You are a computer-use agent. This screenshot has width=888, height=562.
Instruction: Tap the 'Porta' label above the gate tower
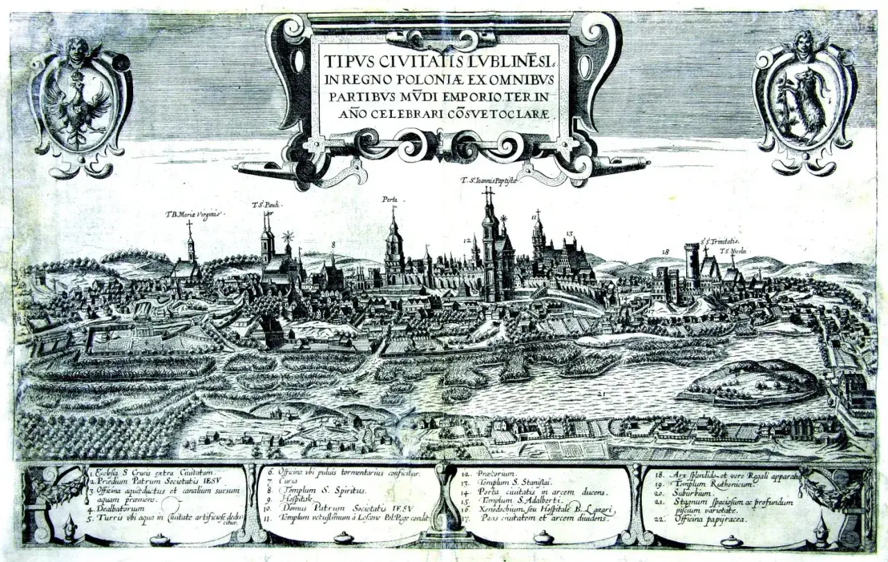tap(390, 200)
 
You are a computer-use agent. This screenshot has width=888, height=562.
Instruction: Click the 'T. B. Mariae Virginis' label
tap(192, 214)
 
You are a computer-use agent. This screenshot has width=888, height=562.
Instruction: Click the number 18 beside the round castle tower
tap(666, 252)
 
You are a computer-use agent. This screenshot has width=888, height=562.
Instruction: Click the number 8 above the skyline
tap(333, 244)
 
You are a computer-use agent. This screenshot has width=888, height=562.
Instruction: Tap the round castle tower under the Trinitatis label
tap(692, 267)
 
